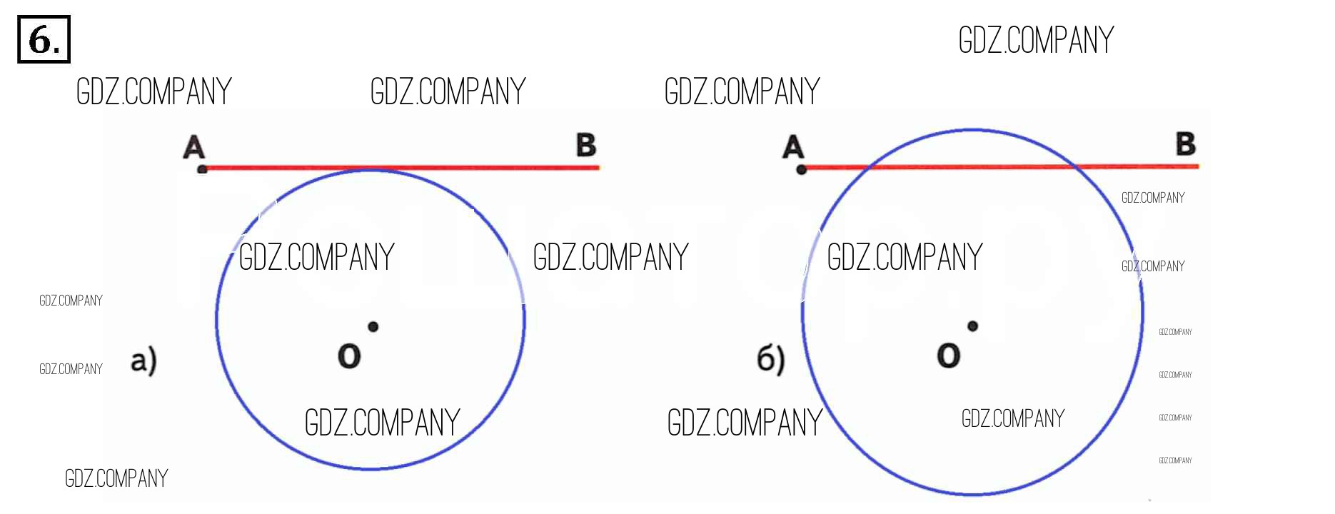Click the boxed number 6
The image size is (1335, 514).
tap(43, 39)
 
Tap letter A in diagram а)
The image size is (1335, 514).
tap(193, 148)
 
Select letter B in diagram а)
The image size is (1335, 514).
tap(586, 145)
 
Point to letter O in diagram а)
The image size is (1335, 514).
tap(349, 356)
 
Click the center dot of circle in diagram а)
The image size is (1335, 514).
tap(373, 326)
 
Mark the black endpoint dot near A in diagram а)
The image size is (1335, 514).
tap(202, 169)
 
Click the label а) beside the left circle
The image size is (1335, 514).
tap(143, 361)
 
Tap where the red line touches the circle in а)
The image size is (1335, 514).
tap(370, 169)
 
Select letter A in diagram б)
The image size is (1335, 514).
tap(793, 148)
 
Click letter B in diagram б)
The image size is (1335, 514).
tap(1186, 144)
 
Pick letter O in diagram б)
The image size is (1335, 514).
tap(948, 356)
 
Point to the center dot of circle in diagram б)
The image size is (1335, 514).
tap(972, 326)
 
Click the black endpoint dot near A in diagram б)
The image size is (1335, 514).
tap(801, 169)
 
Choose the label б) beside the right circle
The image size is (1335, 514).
tap(770, 359)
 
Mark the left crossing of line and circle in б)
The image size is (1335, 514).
tap(869, 168)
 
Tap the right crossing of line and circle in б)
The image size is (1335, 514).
tap(1075, 167)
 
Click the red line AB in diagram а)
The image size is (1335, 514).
tap(485, 168)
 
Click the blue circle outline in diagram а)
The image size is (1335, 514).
tap(217, 321)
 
